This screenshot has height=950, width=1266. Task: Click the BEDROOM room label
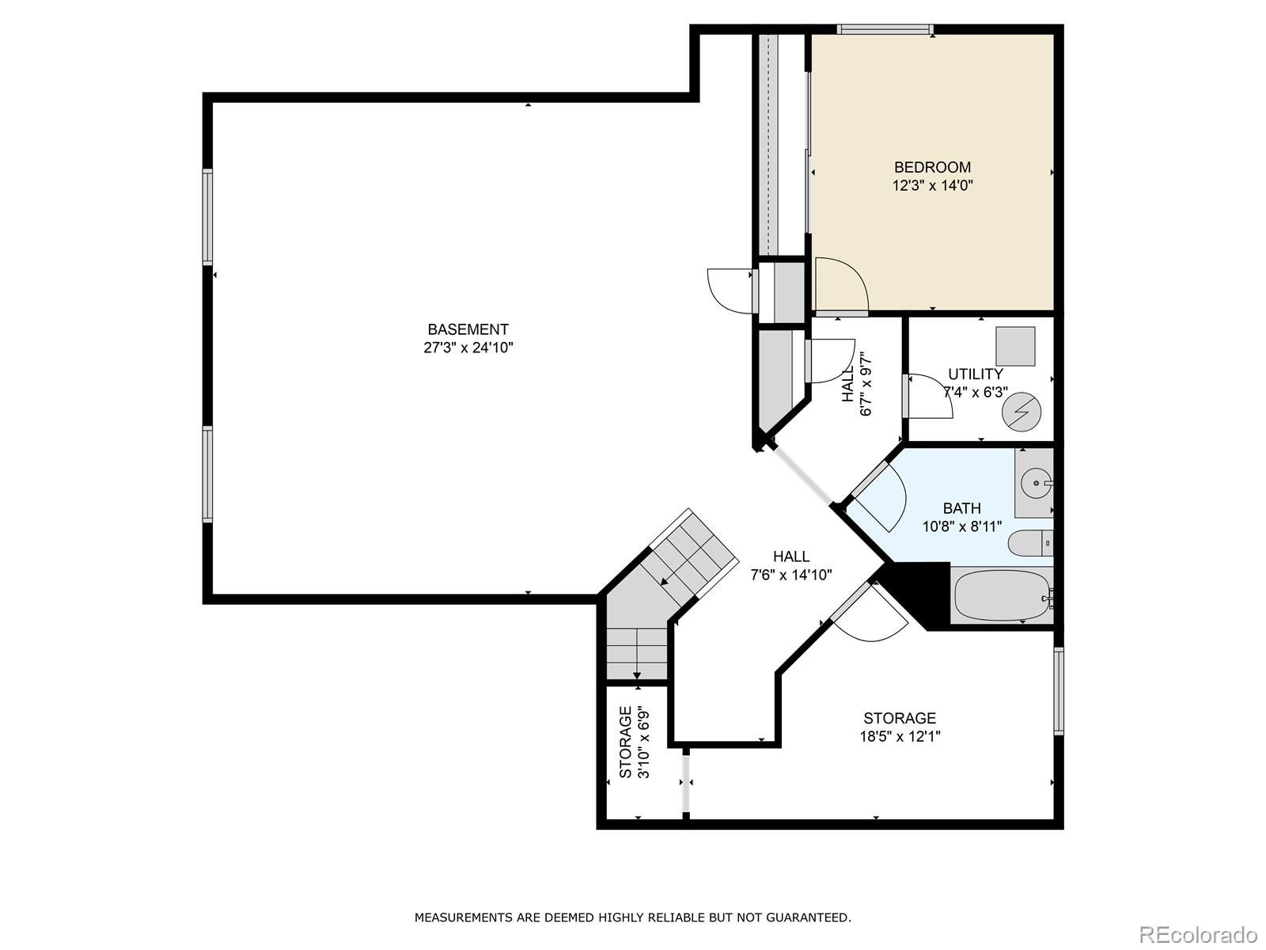(x=932, y=167)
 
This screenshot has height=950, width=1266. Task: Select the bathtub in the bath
(x=1000, y=596)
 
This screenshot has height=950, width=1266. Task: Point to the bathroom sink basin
(x=1035, y=481)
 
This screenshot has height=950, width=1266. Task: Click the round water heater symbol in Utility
(x=1021, y=412)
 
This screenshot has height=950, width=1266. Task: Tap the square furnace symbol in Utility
(x=1015, y=346)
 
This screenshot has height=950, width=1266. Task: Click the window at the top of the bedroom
(x=885, y=30)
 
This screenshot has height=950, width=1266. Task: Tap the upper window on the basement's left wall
(x=207, y=216)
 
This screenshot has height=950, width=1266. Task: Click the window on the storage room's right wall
(x=1058, y=690)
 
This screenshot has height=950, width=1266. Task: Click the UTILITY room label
(x=975, y=374)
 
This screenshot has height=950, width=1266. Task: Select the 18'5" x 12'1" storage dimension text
(x=900, y=736)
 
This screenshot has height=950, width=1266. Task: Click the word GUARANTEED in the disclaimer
(x=810, y=918)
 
